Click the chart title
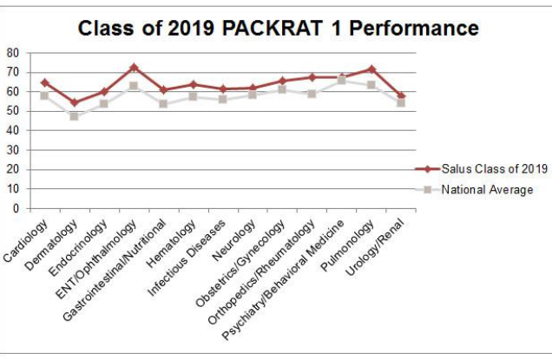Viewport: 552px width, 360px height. coord(278,28)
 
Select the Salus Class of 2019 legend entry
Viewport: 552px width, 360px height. coord(490,168)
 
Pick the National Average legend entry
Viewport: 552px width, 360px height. coord(487,190)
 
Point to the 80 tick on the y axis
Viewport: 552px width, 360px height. coord(13,52)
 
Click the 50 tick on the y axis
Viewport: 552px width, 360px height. coord(13,111)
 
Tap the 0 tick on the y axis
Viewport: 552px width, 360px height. coord(16,209)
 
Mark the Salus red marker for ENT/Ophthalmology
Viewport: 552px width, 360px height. coord(134,67)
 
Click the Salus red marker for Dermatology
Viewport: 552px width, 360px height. coord(74,102)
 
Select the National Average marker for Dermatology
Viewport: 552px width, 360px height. coord(74,115)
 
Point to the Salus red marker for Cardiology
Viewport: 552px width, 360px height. coord(44,82)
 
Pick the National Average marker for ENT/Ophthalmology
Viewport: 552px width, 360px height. coord(134,86)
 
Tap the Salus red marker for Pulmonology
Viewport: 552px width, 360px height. coord(371,69)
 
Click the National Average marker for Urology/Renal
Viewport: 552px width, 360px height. coord(401,102)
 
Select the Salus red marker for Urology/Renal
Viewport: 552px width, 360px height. coord(401,95)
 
